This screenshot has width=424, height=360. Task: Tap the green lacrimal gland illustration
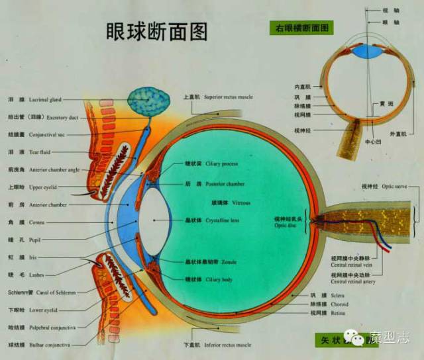(x=148, y=100)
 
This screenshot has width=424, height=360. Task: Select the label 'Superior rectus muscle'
(x=228, y=97)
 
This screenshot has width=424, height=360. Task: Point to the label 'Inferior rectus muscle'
(x=228, y=345)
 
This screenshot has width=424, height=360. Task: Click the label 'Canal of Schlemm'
(x=52, y=292)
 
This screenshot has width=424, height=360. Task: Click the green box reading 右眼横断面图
(x=301, y=28)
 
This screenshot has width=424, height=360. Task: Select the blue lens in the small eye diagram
(x=368, y=51)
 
